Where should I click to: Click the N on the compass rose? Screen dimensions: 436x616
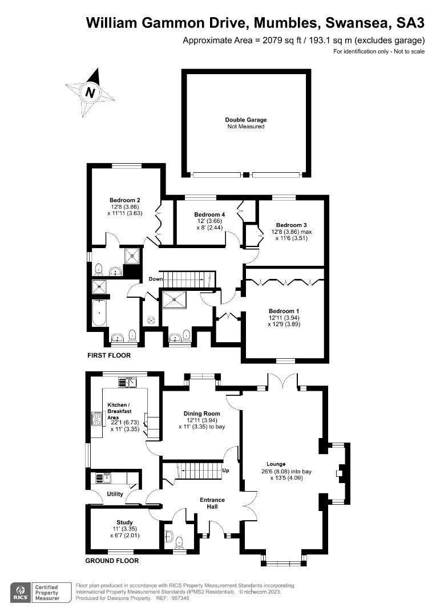click(91, 92)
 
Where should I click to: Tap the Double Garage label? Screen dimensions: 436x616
click(246, 120)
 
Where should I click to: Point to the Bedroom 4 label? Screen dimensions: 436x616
click(209, 214)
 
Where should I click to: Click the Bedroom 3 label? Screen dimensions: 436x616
click(291, 225)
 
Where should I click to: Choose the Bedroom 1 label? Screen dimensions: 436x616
click(284, 311)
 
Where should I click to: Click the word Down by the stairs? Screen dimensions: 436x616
click(156, 279)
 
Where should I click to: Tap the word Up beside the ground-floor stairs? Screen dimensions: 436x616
click(225, 470)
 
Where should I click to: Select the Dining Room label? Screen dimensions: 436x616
click(201, 414)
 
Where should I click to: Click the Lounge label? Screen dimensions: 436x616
click(276, 464)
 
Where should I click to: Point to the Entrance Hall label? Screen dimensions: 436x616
click(212, 503)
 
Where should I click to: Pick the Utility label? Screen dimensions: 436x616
click(115, 494)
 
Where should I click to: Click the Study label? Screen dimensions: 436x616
click(124, 522)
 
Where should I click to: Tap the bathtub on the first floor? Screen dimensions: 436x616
click(99, 313)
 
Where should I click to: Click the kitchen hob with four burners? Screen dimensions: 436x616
click(96, 419)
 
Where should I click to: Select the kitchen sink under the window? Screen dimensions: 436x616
click(127, 382)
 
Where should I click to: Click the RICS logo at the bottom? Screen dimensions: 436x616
click(21, 593)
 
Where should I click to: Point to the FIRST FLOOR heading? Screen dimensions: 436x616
click(109, 355)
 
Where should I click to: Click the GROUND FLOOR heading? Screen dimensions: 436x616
click(112, 561)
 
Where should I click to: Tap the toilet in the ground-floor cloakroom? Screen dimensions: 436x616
click(179, 543)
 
